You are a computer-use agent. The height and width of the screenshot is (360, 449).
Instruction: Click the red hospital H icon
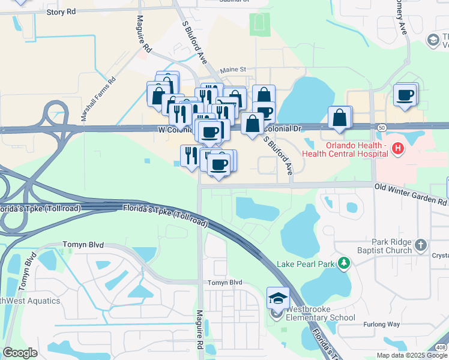click(397, 148)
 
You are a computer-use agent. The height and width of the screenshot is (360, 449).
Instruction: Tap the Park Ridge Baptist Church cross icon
click(421, 245)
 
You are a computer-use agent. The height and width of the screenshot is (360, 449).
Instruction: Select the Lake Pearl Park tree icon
click(343, 263)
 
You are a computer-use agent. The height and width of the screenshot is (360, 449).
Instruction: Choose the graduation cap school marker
click(278, 298)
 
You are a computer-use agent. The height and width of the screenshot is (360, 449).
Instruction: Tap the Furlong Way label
click(382, 325)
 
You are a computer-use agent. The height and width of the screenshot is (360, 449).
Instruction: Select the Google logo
click(20, 353)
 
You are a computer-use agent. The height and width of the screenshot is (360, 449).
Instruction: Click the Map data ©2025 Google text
click(412, 355)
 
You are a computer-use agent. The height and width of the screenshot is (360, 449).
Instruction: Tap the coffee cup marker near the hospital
click(405, 95)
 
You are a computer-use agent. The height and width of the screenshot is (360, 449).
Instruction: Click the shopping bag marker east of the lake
click(340, 118)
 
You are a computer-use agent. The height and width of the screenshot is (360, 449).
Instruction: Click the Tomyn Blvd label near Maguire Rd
click(224, 283)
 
